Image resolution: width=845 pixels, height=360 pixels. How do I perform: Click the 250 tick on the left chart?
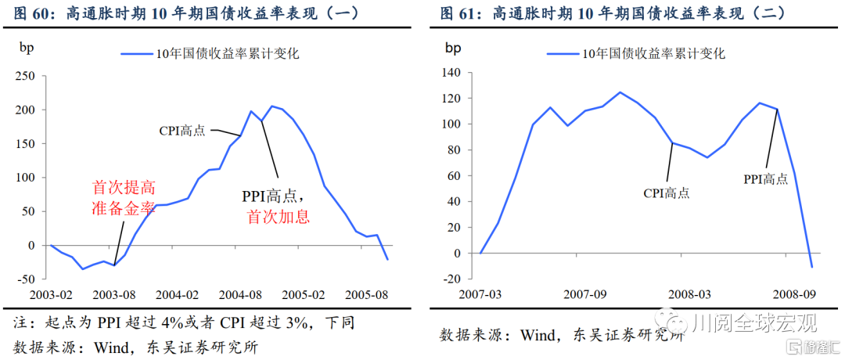(26, 76)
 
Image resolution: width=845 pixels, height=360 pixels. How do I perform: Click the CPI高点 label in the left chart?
(182, 131)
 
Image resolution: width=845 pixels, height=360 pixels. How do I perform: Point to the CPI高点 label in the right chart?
(666, 193)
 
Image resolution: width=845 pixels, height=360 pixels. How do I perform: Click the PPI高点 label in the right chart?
(765, 179)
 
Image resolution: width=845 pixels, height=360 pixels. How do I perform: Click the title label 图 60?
(31, 13)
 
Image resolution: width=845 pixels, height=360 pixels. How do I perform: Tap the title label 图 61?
(458, 13)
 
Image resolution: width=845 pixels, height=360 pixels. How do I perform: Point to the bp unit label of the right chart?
(453, 47)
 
